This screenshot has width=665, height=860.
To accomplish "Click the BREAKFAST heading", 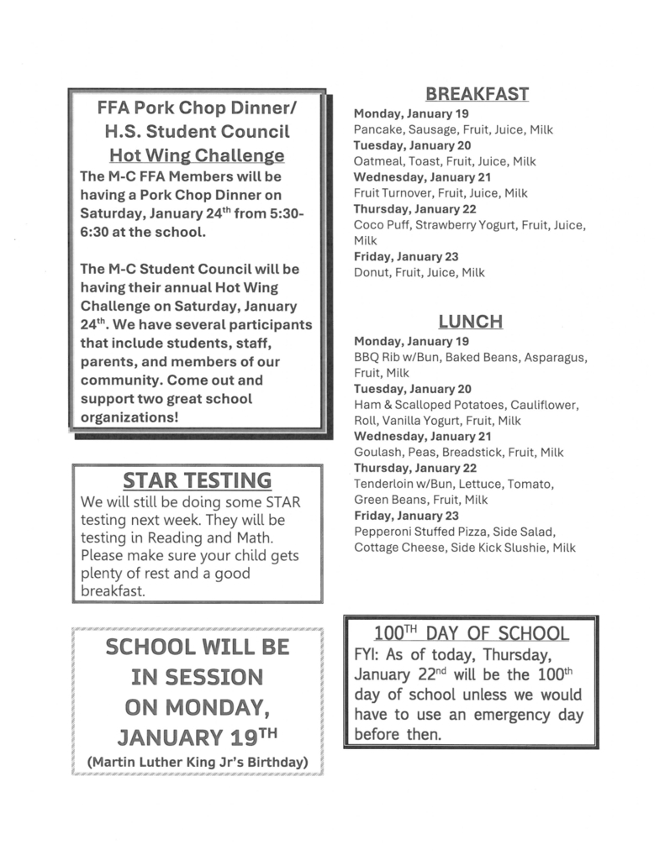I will click(x=476, y=93).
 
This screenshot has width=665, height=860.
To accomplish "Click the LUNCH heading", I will click(x=470, y=322).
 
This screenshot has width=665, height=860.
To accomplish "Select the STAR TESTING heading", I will click(x=197, y=480).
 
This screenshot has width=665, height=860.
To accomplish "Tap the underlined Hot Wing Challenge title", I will click(x=197, y=155).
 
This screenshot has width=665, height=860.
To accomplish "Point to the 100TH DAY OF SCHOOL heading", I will click(x=471, y=633).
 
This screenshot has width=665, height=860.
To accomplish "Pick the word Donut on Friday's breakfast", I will click(x=371, y=272).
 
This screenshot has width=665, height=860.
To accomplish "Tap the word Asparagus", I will click(x=556, y=358).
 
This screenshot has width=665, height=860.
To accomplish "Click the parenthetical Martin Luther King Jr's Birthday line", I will click(x=198, y=762).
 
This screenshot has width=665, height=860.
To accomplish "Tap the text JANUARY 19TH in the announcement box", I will click(x=198, y=737).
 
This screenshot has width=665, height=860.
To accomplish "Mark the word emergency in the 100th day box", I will click(x=505, y=715).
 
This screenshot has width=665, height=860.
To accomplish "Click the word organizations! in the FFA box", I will click(x=129, y=417).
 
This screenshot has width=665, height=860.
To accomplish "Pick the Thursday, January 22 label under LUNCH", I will click(x=414, y=468).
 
